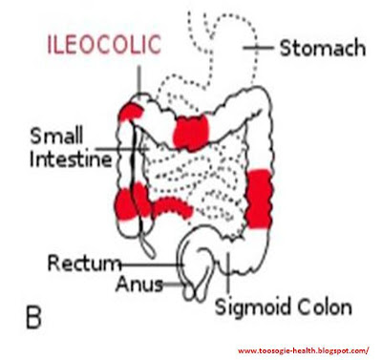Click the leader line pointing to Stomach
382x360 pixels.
pyautogui.click(x=260, y=46)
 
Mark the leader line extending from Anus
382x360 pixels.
pyautogui.click(x=173, y=284)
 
